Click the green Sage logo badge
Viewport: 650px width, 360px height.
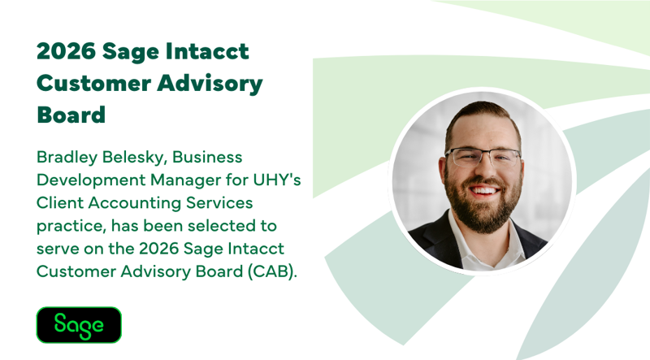pos(79,324)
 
